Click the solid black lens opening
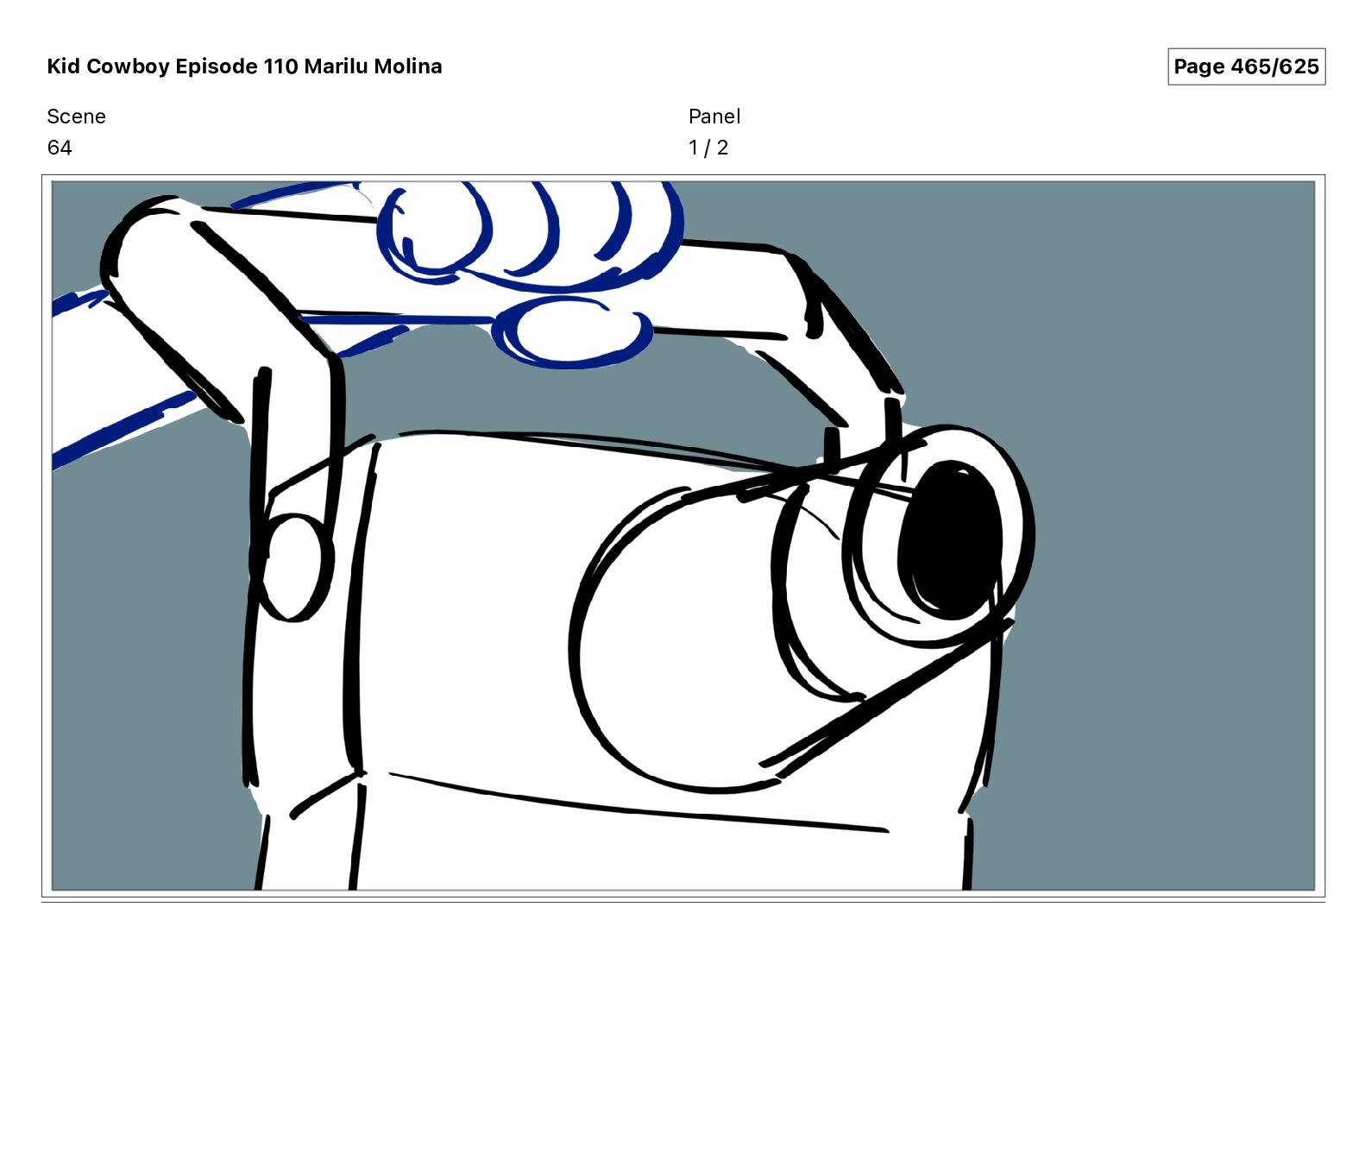[x=950, y=539]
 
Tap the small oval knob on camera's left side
[x=292, y=567]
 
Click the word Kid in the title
[x=64, y=66]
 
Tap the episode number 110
[x=280, y=66]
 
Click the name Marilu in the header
[x=336, y=66]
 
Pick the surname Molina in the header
[x=407, y=66]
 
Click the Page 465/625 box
[x=1246, y=66]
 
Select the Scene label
[x=76, y=116]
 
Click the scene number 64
[x=60, y=148]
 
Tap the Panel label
[x=714, y=116]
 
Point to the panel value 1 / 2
[x=708, y=148]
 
